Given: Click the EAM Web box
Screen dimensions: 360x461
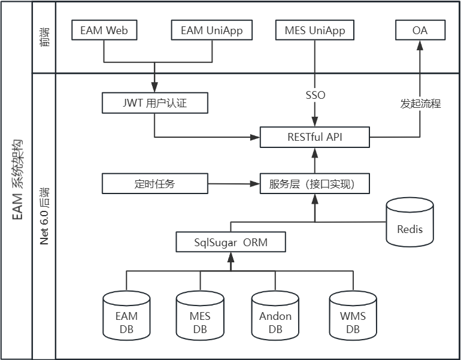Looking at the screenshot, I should click(104, 31).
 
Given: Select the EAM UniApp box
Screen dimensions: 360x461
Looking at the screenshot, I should click(212, 31).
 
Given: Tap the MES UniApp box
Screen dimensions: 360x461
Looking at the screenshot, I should click(315, 31).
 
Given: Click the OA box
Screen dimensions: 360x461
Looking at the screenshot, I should click(420, 31).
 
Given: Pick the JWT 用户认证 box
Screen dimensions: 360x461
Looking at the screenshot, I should click(155, 103).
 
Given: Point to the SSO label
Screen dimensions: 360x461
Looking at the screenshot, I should click(315, 95).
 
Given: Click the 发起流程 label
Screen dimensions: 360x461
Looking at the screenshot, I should click(420, 104).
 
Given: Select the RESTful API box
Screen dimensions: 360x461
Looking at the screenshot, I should click(315, 137).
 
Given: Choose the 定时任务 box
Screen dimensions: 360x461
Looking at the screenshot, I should click(155, 184).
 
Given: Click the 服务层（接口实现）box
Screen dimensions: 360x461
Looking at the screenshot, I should click(315, 184).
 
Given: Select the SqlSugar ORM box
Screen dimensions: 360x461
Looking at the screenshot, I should click(230, 242).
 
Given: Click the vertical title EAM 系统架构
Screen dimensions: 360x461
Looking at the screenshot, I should click(17, 180).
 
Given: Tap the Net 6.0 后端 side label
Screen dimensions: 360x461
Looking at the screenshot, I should click(44, 216).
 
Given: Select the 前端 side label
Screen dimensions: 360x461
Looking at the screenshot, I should click(44, 37).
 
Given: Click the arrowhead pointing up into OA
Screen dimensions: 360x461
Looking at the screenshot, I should click(420, 46).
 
